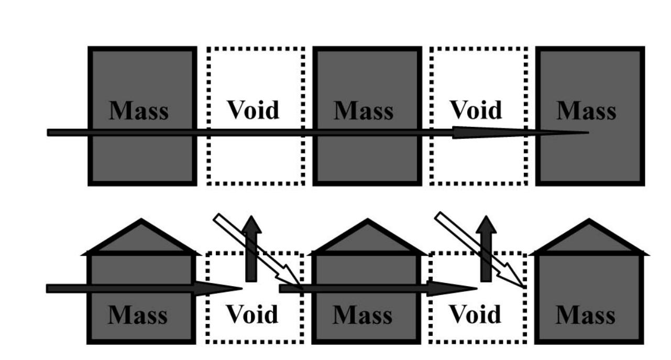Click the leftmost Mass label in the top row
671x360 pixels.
(x=139, y=111)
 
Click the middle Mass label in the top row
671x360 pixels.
(x=364, y=111)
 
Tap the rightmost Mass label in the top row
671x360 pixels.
(x=587, y=111)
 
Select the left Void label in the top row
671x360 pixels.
(x=254, y=110)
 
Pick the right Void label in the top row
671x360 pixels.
(x=476, y=110)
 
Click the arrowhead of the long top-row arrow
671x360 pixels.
(x=521, y=133)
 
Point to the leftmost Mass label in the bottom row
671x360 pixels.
(x=138, y=315)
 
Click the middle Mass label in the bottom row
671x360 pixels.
(x=362, y=315)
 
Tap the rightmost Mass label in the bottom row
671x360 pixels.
(x=586, y=315)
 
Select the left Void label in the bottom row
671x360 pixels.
(x=252, y=314)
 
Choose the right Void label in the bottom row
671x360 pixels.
(x=476, y=314)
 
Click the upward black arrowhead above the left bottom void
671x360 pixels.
(x=251, y=224)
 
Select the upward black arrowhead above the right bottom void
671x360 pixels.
(x=486, y=224)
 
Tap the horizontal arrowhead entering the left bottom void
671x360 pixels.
(x=218, y=289)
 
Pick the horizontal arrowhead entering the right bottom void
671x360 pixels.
(x=452, y=289)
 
